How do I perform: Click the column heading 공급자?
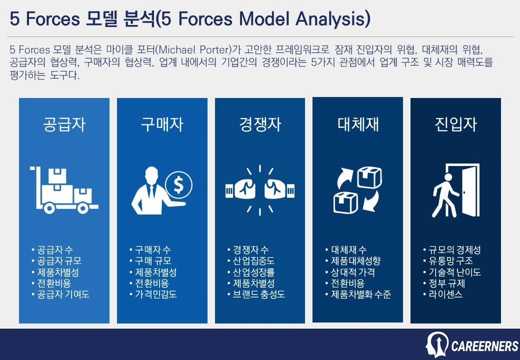pyautogui.click(x=64, y=124)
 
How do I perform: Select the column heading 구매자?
pyautogui.click(x=162, y=124)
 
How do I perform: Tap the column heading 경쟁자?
pyautogui.click(x=260, y=124)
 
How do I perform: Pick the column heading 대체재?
pyautogui.click(x=357, y=124)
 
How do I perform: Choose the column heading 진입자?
pyautogui.click(x=455, y=124)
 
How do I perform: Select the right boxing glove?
pyautogui.click(x=278, y=189)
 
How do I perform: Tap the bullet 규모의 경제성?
pyautogui.click(x=454, y=250)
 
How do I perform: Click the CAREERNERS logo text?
pyautogui.click(x=484, y=346)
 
